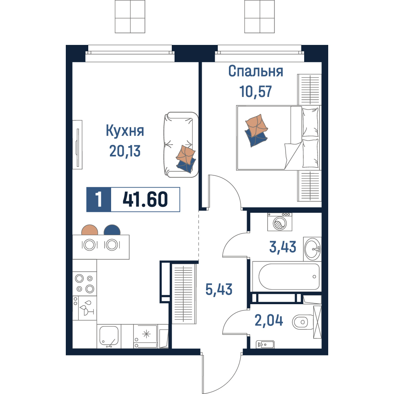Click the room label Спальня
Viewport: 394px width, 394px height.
click(x=256, y=71)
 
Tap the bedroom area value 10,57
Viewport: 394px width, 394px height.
click(x=255, y=91)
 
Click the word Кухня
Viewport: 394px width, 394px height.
click(x=125, y=131)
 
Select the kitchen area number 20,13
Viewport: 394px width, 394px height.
click(x=125, y=151)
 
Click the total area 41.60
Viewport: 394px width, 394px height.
click(x=145, y=199)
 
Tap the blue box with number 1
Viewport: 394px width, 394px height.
click(x=99, y=199)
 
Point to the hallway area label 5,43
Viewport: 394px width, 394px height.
click(x=219, y=289)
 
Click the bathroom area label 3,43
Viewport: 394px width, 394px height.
click(x=282, y=247)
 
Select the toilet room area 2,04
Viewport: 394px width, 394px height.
click(x=269, y=320)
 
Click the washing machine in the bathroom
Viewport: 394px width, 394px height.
click(x=280, y=222)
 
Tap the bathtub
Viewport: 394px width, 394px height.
click(x=287, y=277)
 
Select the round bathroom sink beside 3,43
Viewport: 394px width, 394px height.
click(x=312, y=249)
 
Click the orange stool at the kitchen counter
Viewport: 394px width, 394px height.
click(x=90, y=230)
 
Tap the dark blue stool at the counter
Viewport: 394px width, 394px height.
click(x=112, y=230)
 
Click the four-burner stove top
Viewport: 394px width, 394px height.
click(x=85, y=283)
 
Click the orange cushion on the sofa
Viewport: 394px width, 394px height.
click(x=186, y=154)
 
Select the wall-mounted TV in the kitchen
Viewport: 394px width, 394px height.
click(x=78, y=145)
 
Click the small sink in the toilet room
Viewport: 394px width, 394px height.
click(x=265, y=344)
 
